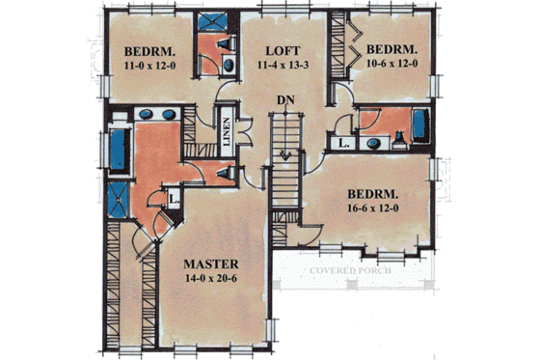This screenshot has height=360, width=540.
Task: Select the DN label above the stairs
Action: (284, 98)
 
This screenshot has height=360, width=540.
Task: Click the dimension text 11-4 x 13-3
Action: (281, 66)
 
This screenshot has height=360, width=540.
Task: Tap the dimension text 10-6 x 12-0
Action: (391, 64)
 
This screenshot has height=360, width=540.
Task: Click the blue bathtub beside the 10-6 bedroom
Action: (420, 125)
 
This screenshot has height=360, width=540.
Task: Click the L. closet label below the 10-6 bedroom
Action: (344, 142)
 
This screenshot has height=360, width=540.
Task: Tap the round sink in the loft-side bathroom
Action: (228, 64)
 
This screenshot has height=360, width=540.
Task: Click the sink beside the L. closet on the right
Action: (372, 143)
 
